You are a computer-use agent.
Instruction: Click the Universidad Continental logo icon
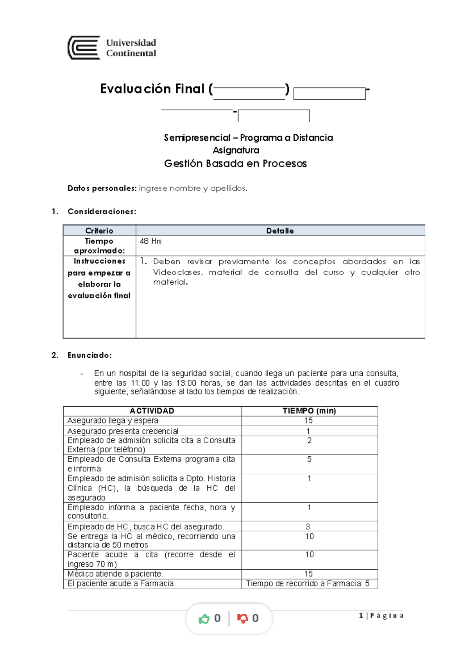[84, 48]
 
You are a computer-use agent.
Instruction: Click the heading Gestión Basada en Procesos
[235, 163]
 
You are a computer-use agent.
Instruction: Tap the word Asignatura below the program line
[236, 150]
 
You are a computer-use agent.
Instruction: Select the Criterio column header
[99, 231]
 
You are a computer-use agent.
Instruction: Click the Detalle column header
[280, 231]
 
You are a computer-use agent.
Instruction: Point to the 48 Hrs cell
[150, 241]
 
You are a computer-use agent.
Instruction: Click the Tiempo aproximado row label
[99, 246]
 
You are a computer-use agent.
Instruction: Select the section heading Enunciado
[90, 355]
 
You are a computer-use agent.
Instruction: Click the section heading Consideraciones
[102, 212]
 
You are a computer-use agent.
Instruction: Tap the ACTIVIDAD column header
[152, 411]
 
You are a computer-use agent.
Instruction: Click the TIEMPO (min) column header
[309, 411]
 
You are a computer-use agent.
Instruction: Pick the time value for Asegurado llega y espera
[308, 420]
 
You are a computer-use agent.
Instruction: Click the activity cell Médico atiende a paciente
[116, 574]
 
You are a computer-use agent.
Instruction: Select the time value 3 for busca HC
[308, 526]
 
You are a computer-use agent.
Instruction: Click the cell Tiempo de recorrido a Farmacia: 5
[308, 583]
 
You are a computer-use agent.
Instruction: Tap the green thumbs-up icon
[204, 619]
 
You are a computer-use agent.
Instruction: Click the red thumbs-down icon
[242, 619]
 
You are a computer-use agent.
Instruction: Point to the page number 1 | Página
[381, 616]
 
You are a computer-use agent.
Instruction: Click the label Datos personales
[102, 188]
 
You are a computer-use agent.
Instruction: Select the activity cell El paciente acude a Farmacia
[120, 583]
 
